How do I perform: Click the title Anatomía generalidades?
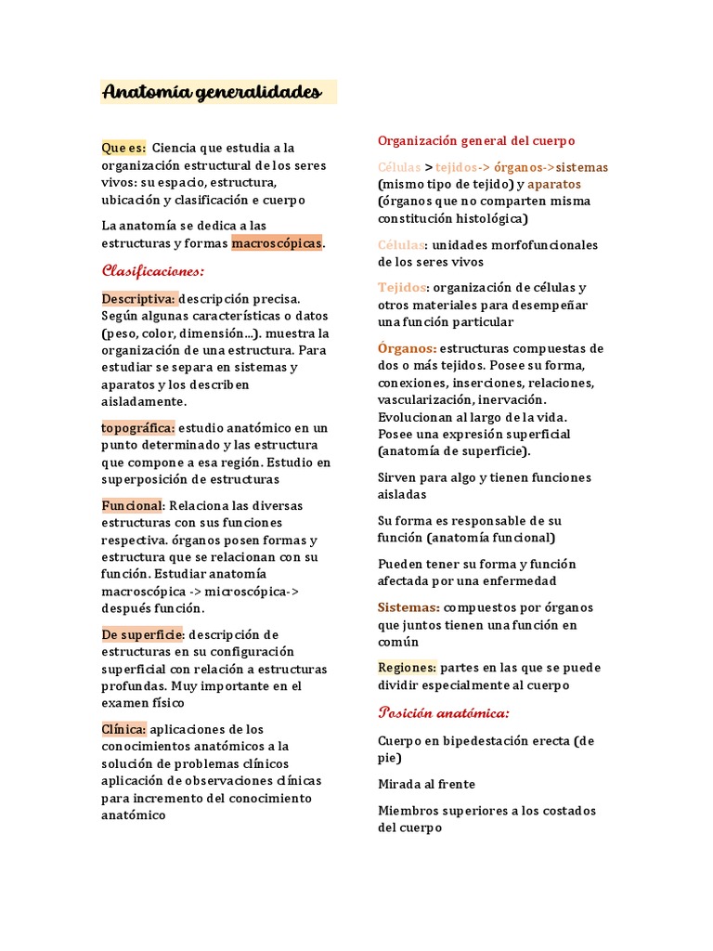click(x=212, y=92)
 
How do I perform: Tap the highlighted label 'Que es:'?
click(x=123, y=148)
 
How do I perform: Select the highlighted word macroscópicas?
click(x=277, y=242)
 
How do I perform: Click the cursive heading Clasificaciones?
click(x=152, y=271)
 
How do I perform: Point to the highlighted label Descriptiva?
click(x=138, y=299)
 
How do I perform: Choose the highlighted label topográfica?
click(x=137, y=428)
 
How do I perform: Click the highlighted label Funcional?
click(x=132, y=505)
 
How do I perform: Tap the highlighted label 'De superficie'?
click(x=143, y=634)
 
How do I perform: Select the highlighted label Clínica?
click(x=123, y=729)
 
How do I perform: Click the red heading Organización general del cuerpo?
click(x=476, y=140)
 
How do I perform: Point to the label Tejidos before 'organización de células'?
click(x=401, y=287)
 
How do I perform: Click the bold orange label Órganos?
click(x=407, y=348)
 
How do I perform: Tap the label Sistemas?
click(x=408, y=607)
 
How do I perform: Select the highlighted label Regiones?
click(x=407, y=667)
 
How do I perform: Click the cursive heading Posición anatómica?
click(x=443, y=712)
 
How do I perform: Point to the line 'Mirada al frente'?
click(x=425, y=784)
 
